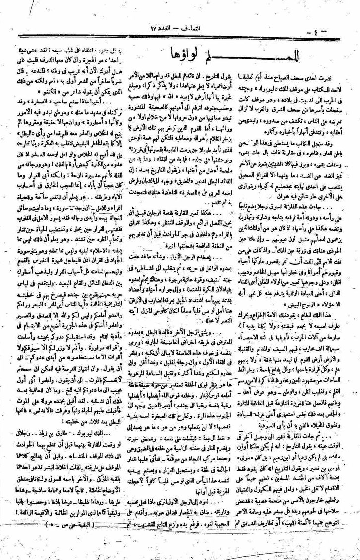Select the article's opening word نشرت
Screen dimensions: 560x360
coord(340,78)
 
